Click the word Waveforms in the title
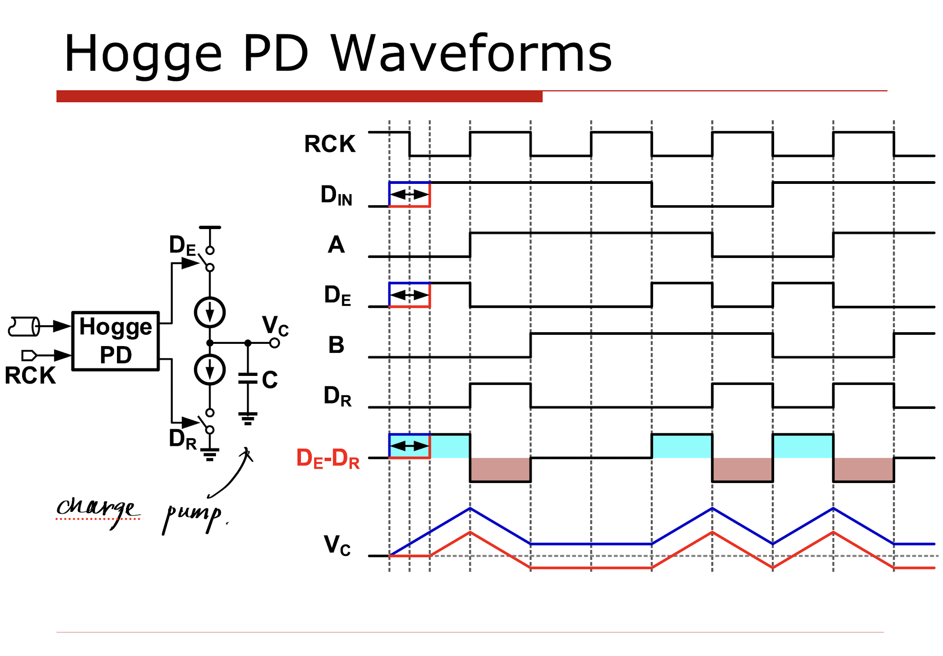click(x=471, y=53)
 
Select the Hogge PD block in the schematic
click(x=116, y=341)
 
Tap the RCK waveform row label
click(x=330, y=144)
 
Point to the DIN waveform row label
click(x=336, y=195)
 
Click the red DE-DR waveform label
click(x=328, y=459)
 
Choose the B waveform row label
click(x=336, y=345)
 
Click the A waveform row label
click(x=336, y=244)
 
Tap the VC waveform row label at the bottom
click(x=337, y=545)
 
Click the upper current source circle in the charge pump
click(x=210, y=312)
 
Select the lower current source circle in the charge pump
click(x=210, y=370)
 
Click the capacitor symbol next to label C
click(x=247, y=378)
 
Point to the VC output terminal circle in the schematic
click(x=274, y=343)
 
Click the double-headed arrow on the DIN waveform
click(x=409, y=195)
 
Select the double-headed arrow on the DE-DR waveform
click(x=409, y=446)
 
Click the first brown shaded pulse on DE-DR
click(x=500, y=470)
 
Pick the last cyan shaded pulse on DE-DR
click(x=803, y=446)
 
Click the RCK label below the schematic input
click(x=30, y=375)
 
